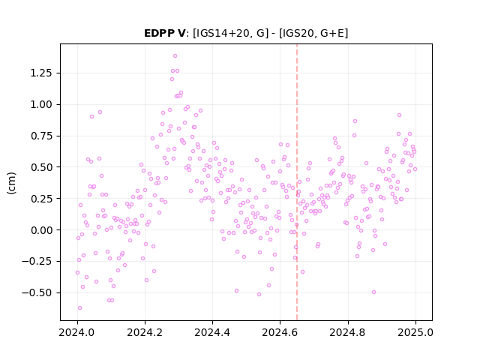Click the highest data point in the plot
tap(175, 56)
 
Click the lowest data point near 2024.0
tap(80, 308)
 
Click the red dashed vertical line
tap(297, 182)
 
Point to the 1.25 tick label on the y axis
tap(41, 73)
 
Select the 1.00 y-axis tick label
tap(41, 104)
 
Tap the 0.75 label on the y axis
tap(41, 136)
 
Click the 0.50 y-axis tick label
tap(41, 167)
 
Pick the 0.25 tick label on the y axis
tap(41, 199)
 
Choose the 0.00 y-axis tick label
tap(41, 230)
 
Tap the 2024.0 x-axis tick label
tap(77, 332)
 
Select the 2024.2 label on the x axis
tap(145, 332)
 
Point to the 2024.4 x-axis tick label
tap(212, 332)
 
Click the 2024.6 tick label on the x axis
tap(280, 332)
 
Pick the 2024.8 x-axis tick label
tap(348, 332)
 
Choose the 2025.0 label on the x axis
tap(415, 332)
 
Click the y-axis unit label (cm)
tap(11, 183)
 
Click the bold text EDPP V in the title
tap(164, 33)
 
